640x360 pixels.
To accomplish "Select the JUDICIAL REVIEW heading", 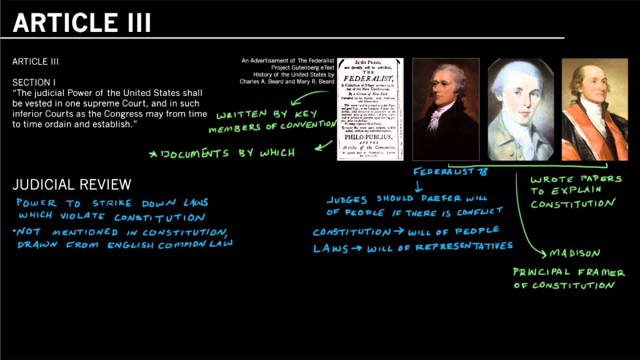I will click(72, 185).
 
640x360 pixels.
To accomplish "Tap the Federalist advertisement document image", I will click(370, 109).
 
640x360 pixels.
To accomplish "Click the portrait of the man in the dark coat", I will click(445, 109).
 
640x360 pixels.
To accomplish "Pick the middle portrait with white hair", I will click(521, 109).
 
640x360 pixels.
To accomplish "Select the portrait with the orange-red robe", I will click(594, 109).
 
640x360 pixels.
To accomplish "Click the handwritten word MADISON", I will click(574, 253).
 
